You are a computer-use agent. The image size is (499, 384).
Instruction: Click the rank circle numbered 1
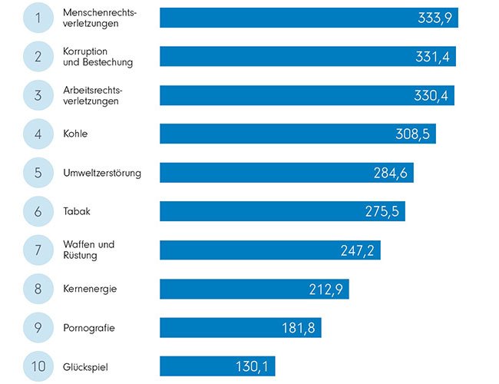point(38,18)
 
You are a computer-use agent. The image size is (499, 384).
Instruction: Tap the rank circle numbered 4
point(38,134)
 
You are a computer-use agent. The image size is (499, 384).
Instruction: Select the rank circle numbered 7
point(38,250)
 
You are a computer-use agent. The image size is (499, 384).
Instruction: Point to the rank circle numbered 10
point(38,366)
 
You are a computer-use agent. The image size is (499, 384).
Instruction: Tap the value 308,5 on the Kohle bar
point(411,134)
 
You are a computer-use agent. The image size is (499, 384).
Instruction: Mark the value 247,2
point(357,250)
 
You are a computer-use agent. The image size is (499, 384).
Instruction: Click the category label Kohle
point(75,134)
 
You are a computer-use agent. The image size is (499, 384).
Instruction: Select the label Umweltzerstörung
point(102,173)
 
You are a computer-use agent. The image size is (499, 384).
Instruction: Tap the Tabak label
point(77,211)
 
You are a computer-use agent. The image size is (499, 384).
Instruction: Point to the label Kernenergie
point(90,289)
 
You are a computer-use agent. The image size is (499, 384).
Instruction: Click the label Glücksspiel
point(87,366)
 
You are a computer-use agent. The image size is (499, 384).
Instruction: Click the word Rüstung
point(81,256)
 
